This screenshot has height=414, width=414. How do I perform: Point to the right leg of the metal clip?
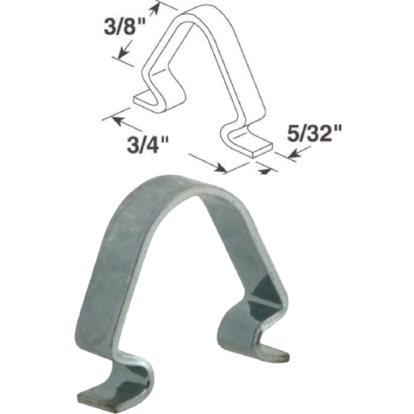pyautogui.click(x=255, y=255)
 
